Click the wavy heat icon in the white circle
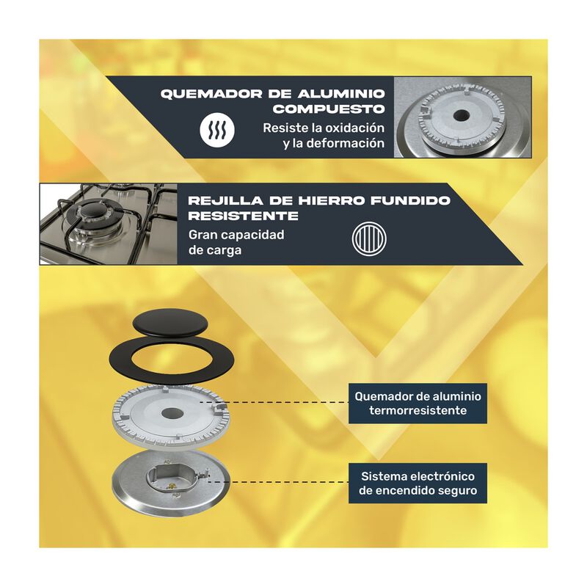coord(217,130)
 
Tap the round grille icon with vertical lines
coord(369,239)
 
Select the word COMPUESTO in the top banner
coord(329,109)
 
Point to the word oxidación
coord(354,128)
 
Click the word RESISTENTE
coord(244,216)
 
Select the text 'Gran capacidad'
coord(236,235)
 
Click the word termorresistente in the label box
coord(418,411)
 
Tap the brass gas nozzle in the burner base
coord(172,486)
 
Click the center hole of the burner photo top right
coord(460,115)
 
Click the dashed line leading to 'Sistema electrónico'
coord(278,482)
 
